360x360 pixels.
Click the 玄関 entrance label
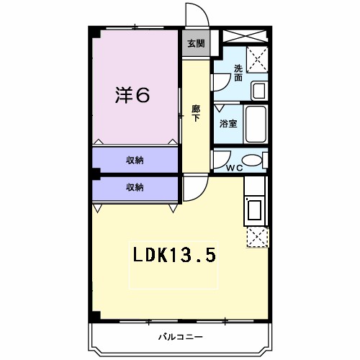pos(195,43)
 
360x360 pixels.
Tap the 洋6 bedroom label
pos(133,95)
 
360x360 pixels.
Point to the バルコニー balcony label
pos(181,336)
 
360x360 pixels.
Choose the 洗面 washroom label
pos(238,73)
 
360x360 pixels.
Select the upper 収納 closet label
pos(135,160)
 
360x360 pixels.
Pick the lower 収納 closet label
pos(135,187)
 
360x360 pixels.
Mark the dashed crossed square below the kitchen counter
pos(257,237)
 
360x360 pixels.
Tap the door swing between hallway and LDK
pos(194,189)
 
